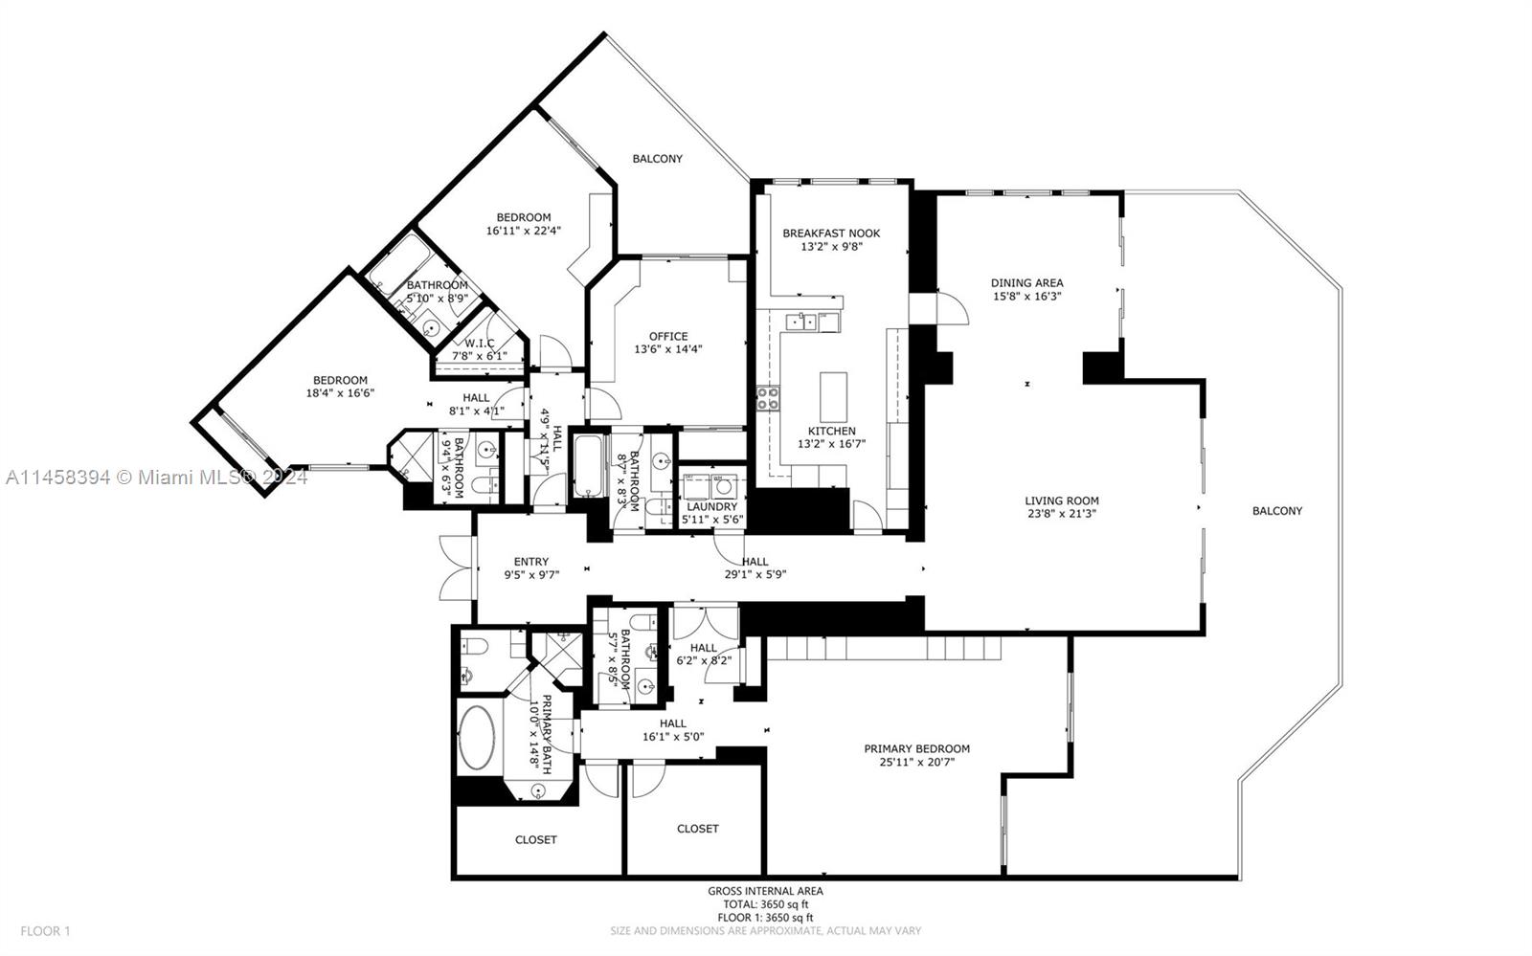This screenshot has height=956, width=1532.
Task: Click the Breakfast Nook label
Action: click(x=830, y=233)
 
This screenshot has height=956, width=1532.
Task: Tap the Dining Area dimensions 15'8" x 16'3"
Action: click(x=1026, y=297)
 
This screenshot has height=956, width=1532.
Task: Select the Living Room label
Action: click(x=1061, y=500)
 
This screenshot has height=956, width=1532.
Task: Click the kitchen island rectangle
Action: click(x=833, y=392)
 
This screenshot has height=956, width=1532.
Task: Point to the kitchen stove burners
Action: click(x=768, y=398)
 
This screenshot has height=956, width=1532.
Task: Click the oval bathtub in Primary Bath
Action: click(x=476, y=738)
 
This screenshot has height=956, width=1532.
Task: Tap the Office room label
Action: click(x=667, y=336)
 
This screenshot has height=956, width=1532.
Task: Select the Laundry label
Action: click(x=711, y=506)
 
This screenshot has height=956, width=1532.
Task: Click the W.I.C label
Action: click(x=480, y=343)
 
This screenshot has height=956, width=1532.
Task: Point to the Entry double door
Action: click(x=457, y=567)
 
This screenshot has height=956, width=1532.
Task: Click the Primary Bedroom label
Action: click(x=916, y=748)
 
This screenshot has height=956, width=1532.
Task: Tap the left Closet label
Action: click(x=535, y=839)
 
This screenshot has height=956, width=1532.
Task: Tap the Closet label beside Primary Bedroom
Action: click(x=697, y=828)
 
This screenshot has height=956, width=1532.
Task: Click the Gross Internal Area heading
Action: click(x=765, y=891)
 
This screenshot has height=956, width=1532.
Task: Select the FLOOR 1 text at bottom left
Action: click(x=46, y=930)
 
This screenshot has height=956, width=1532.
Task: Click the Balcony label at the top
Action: click(x=657, y=158)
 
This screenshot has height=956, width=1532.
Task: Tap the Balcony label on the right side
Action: click(x=1277, y=510)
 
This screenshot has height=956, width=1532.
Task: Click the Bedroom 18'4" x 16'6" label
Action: click(x=340, y=380)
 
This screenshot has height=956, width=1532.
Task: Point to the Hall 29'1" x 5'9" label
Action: click(x=755, y=562)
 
